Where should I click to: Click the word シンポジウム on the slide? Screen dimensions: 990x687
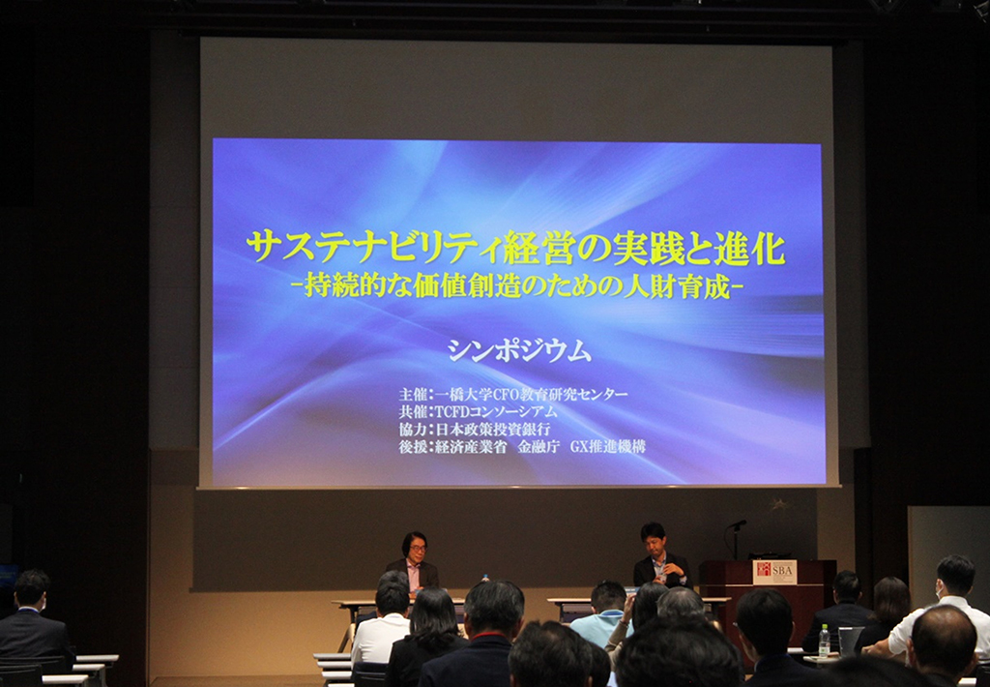(519, 349)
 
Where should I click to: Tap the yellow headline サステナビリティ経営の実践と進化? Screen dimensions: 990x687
(516, 247)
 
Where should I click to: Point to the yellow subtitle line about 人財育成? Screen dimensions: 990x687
(516, 285)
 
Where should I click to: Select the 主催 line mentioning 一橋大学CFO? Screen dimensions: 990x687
(513, 395)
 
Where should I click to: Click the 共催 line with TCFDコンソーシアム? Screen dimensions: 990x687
(478, 411)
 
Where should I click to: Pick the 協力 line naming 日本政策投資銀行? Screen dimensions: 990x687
(474, 430)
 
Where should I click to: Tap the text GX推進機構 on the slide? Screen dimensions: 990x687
(607, 446)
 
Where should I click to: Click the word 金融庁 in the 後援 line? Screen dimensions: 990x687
(538, 446)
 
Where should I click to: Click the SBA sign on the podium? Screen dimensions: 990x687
(774, 572)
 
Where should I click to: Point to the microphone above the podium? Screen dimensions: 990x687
(736, 524)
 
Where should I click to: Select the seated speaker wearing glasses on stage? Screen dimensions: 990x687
(414, 562)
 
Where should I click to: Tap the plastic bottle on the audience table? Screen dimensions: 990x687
(824, 641)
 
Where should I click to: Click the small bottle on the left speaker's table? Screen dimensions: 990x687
(485, 578)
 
